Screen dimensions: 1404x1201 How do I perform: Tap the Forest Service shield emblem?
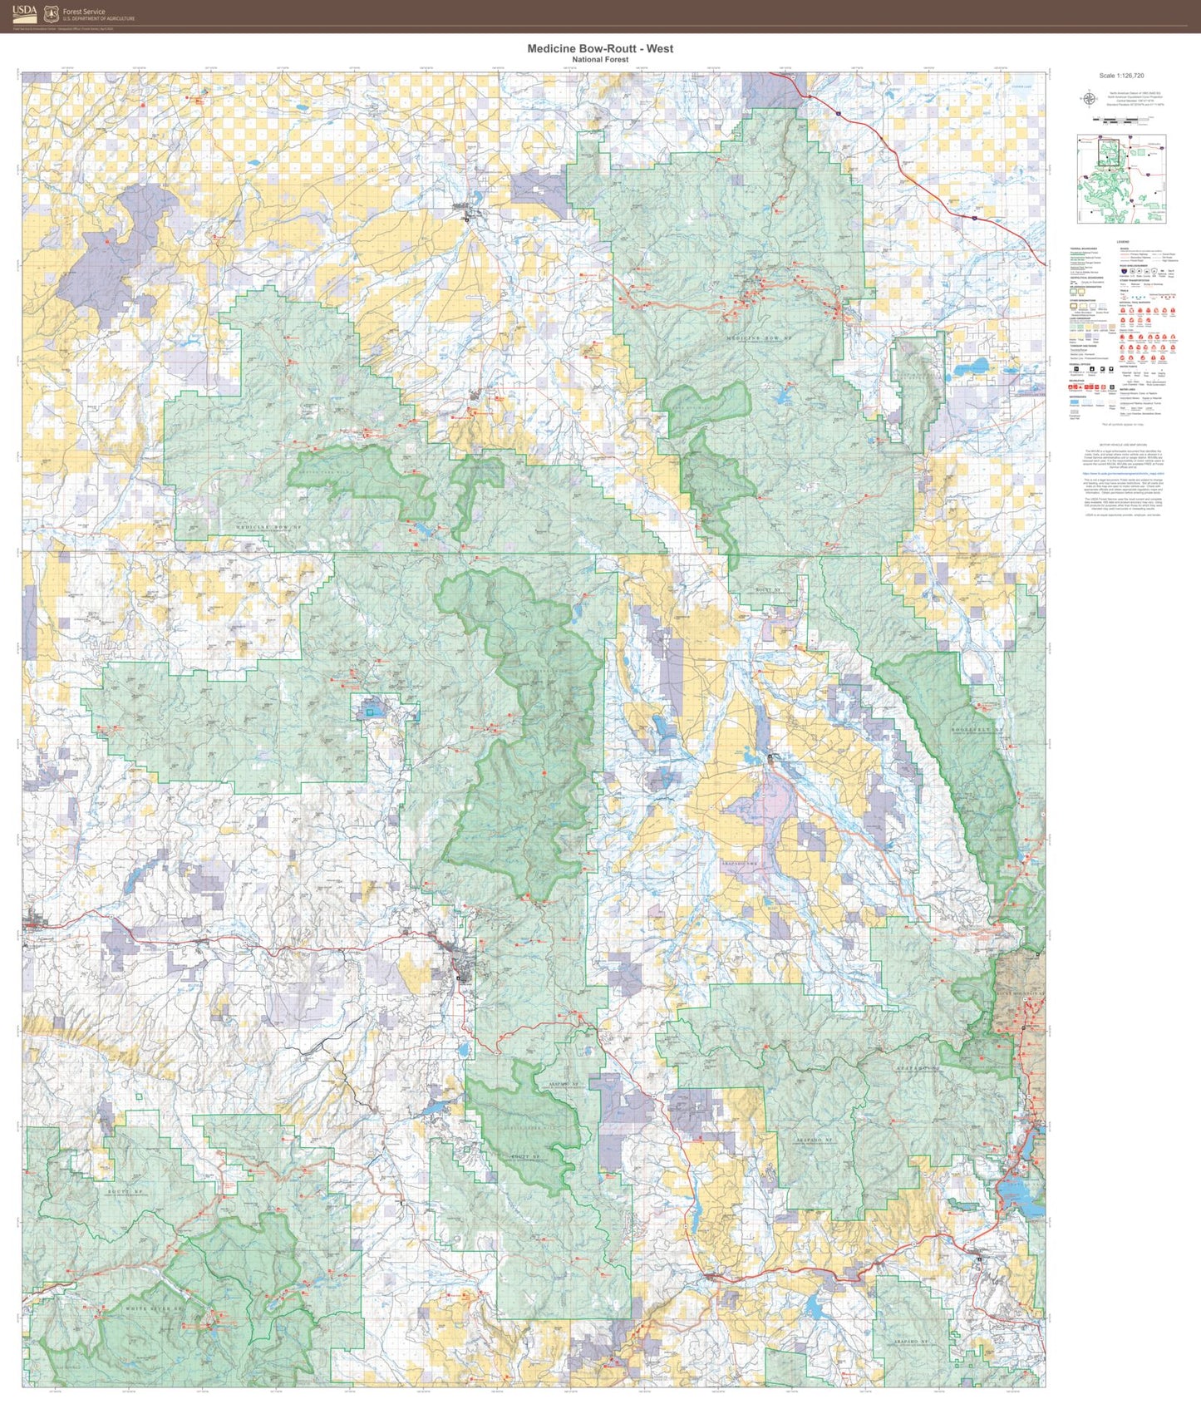coord(52,13)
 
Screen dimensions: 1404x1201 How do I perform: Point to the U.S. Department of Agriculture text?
coord(98,18)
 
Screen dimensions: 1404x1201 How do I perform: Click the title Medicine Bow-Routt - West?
coord(600,49)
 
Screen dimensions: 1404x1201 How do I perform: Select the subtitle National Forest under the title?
coord(600,60)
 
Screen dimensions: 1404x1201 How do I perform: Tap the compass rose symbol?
coord(1088,99)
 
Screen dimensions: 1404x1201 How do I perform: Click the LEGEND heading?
coord(1122,242)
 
